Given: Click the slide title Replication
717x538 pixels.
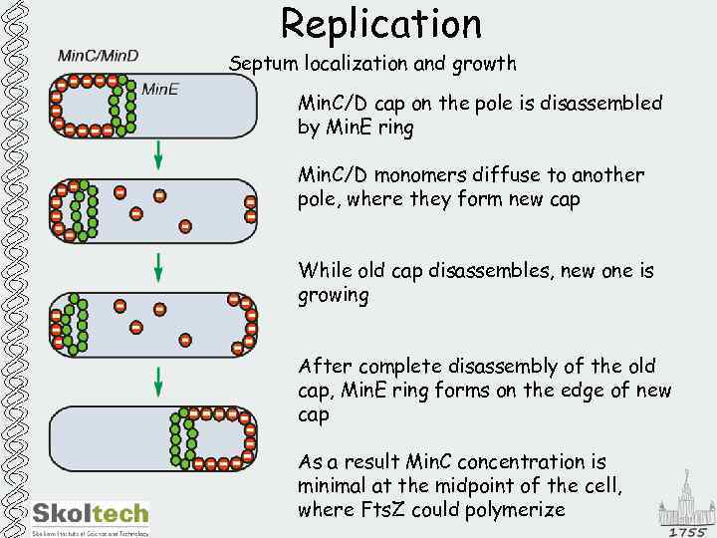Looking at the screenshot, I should pyautogui.click(x=381, y=24).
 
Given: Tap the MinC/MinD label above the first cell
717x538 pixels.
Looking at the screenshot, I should pyautogui.click(x=99, y=56).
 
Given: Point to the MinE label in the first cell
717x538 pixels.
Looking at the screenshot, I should pyautogui.click(x=160, y=89).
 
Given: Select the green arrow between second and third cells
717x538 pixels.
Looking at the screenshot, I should pyautogui.click(x=157, y=267).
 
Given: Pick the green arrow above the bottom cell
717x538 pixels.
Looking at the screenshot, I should pyautogui.click(x=157, y=382).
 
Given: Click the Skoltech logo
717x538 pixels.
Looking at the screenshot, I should pyautogui.click(x=91, y=514).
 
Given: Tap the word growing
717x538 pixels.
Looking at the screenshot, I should pyautogui.click(x=334, y=296).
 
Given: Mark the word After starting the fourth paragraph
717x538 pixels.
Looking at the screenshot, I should pyautogui.click(x=325, y=367).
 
